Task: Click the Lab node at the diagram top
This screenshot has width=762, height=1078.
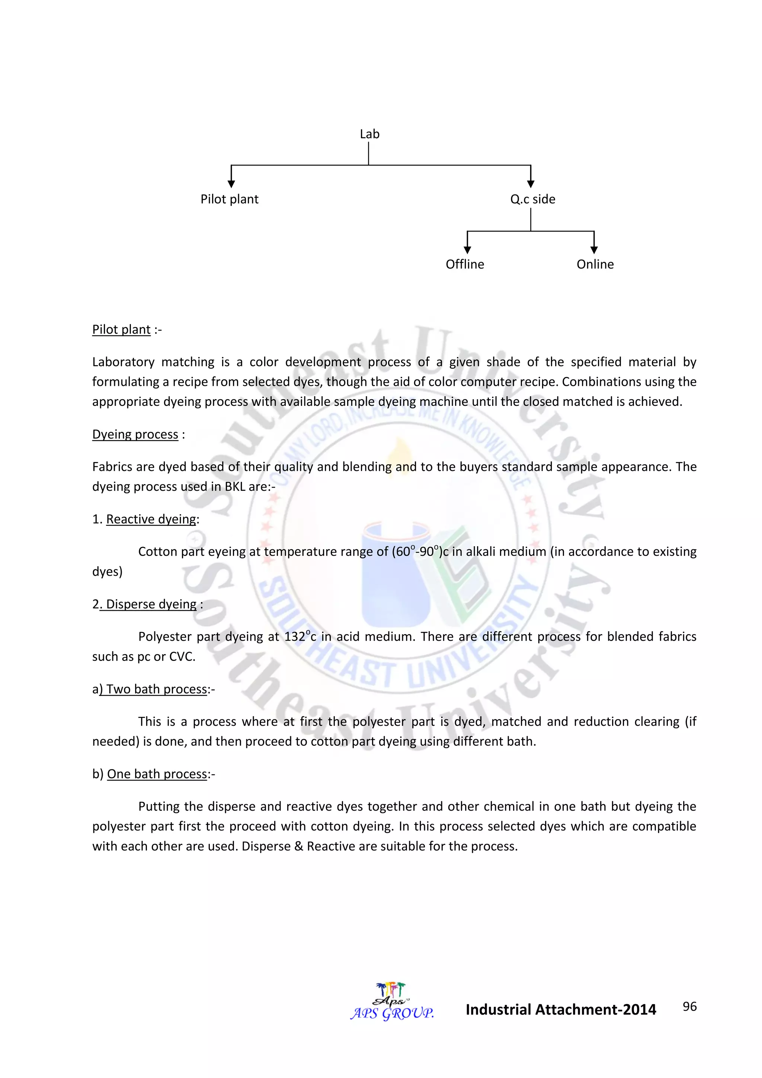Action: [x=369, y=134]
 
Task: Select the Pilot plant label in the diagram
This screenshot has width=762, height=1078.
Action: [x=230, y=200]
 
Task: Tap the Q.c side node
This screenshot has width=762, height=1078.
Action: [x=532, y=200]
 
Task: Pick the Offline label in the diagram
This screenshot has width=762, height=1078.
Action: [x=464, y=264]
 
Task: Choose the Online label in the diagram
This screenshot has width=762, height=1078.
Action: [x=595, y=264]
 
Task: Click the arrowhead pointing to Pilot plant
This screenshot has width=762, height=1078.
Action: [x=231, y=184]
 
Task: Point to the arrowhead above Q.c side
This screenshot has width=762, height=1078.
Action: [x=531, y=184]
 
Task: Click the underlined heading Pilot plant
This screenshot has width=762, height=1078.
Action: [x=121, y=330]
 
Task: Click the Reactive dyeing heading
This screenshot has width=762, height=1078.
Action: [x=151, y=519]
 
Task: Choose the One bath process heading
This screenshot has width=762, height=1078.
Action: [x=157, y=774]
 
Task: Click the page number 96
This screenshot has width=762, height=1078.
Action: [x=689, y=1007]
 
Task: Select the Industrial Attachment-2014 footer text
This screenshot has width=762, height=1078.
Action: [x=561, y=1010]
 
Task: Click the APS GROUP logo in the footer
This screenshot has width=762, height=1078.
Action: [x=392, y=1002]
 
